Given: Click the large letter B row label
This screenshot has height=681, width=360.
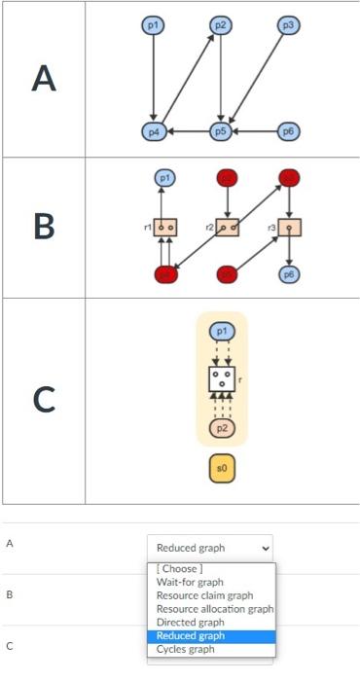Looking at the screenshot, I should [43, 227].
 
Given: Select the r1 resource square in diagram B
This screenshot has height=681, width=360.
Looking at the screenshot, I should [166, 227].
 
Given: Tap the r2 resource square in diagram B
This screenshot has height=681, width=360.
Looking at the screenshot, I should [228, 227].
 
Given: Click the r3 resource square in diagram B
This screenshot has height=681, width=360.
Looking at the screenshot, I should [289, 227].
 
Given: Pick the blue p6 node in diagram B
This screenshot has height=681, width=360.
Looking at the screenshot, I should [289, 274].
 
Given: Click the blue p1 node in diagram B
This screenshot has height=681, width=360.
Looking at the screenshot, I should [166, 178].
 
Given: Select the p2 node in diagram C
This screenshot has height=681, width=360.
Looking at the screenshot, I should [222, 427].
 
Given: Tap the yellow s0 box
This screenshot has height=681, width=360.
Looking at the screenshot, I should [222, 469].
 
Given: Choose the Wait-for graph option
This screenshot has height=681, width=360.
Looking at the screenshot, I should [190, 582].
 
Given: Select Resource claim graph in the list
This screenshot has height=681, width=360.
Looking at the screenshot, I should [204, 595].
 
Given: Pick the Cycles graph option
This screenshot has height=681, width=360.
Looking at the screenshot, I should [186, 649].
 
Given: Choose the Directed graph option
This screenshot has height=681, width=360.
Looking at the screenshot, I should [191, 622].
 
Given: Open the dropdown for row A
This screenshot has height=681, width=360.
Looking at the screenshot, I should [210, 548].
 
